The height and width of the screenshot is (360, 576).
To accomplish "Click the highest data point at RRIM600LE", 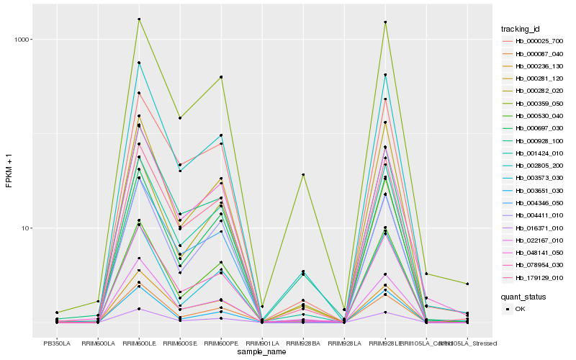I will (x=139, y=19).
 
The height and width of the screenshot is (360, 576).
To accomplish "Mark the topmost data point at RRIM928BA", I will (x=303, y=175).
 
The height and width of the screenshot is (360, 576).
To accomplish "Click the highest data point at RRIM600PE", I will (x=221, y=77).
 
